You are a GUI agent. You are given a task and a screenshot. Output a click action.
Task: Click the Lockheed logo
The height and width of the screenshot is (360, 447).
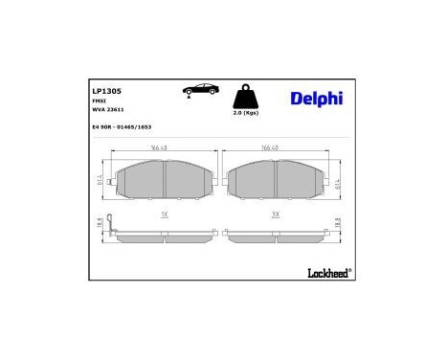(328, 271)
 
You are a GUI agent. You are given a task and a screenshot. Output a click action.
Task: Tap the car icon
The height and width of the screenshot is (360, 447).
(199, 90)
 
